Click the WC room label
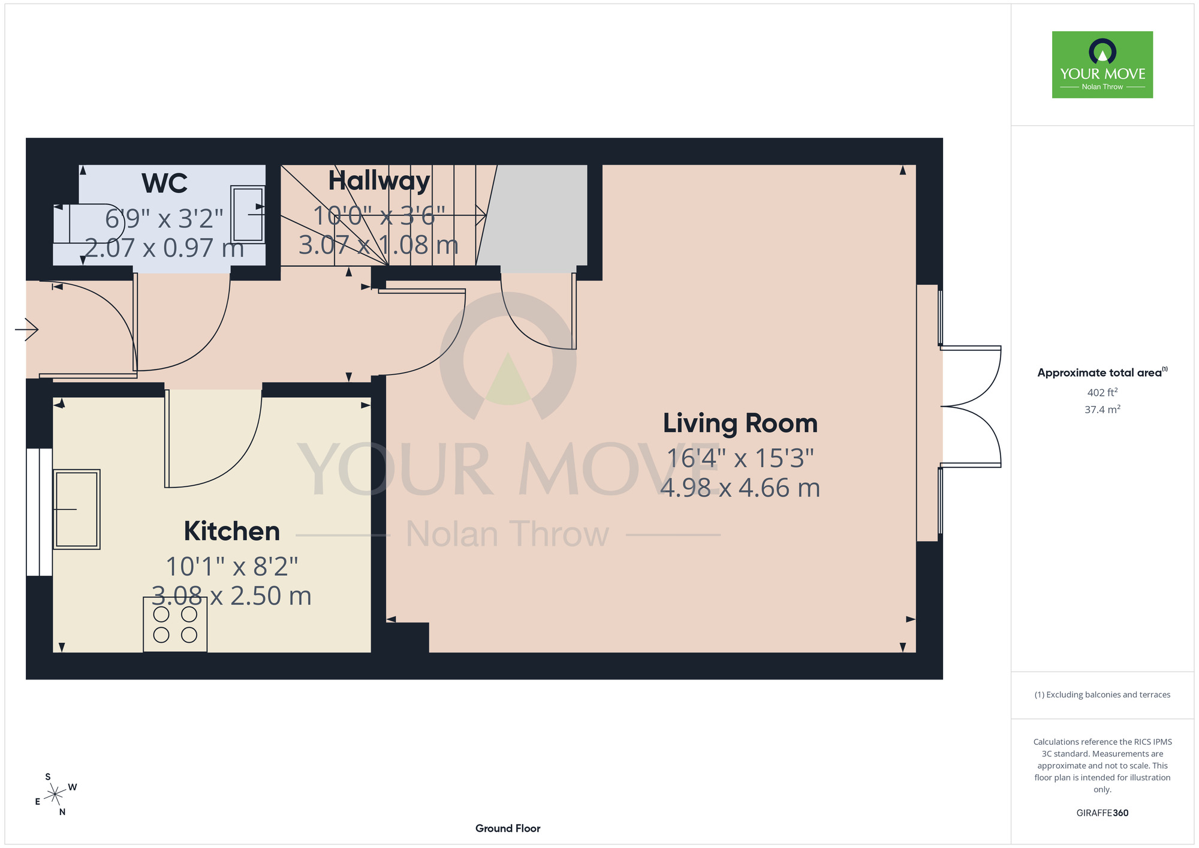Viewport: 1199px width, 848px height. point(164,183)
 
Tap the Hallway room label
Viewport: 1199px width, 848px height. point(379,181)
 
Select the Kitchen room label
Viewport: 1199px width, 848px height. point(232,531)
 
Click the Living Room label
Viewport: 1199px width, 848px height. point(740,423)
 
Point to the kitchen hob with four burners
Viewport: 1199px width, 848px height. point(175,624)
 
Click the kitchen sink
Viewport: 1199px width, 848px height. point(77,509)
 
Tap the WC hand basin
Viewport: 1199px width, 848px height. point(248,214)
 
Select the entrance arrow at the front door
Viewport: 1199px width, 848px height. point(26,329)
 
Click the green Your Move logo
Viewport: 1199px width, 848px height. point(1102,65)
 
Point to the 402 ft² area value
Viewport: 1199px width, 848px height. point(1102,393)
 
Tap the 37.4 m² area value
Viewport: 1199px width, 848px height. point(1102,410)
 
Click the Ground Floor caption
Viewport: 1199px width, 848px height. point(508,828)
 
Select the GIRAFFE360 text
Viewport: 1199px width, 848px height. point(1102,813)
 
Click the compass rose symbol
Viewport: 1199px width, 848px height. point(55,795)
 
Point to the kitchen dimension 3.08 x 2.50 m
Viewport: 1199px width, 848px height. point(231,596)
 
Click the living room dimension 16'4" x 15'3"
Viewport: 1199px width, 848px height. point(740,458)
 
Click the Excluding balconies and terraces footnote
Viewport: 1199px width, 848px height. point(1102,694)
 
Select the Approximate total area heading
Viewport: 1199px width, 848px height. point(1102,372)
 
